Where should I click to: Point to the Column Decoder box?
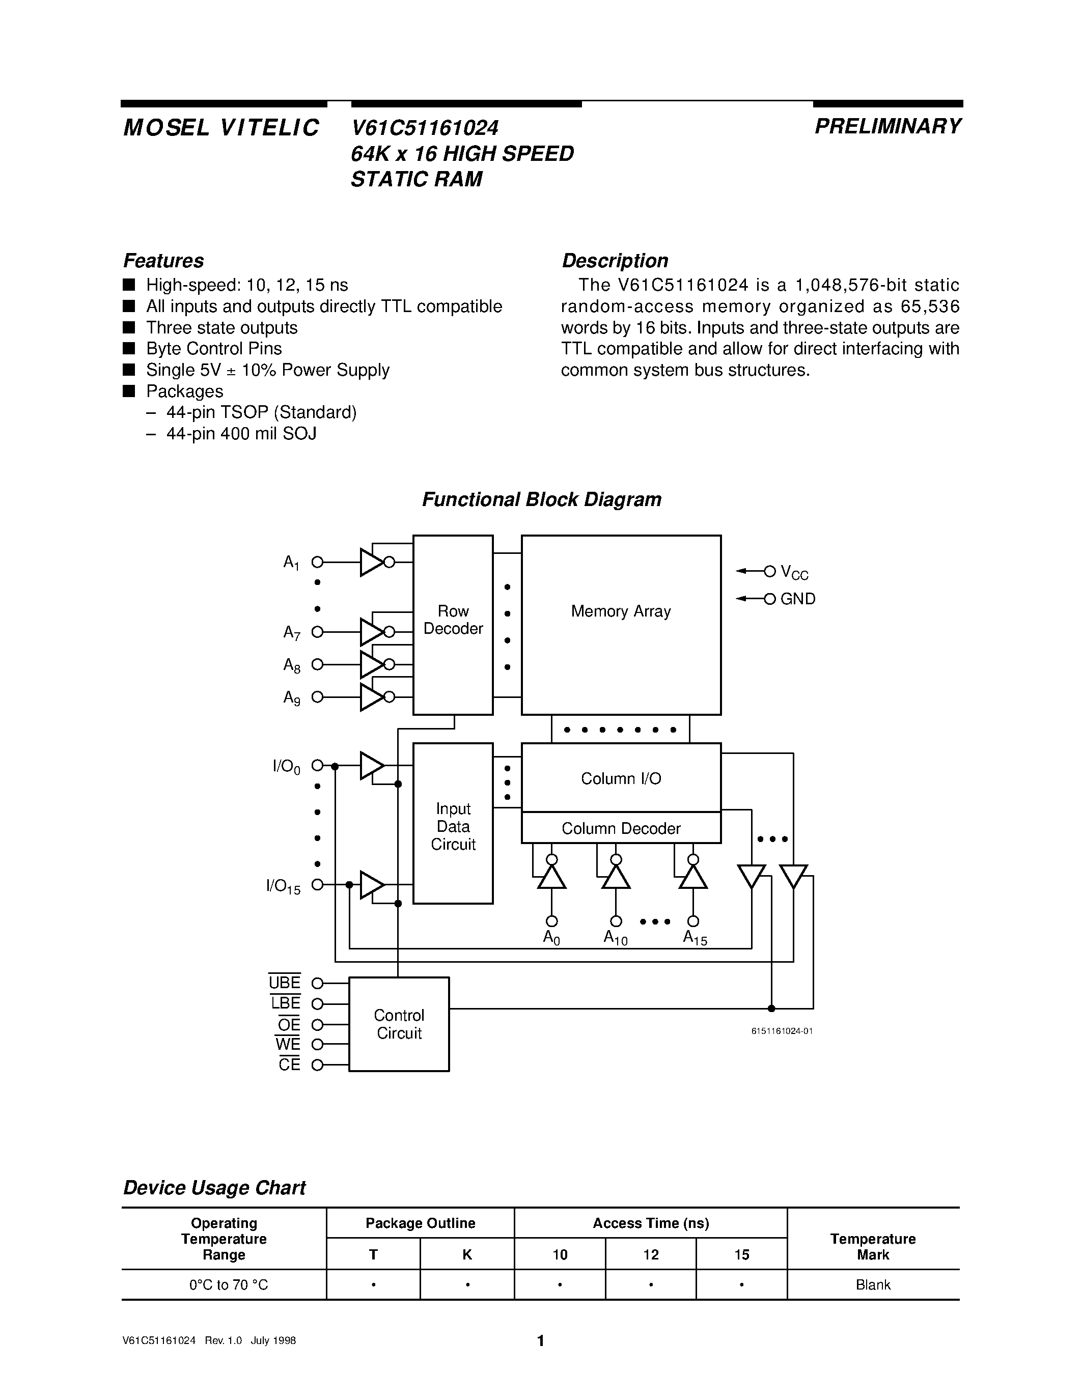click(x=621, y=828)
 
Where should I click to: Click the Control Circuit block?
click(x=399, y=1024)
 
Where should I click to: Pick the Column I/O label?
click(x=621, y=778)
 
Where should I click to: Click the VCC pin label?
click(x=794, y=572)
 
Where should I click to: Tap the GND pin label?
click(x=797, y=599)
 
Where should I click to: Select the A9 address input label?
click(x=292, y=697)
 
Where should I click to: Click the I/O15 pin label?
click(x=283, y=886)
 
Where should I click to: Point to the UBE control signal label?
click(x=285, y=983)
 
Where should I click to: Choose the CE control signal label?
click(x=289, y=1065)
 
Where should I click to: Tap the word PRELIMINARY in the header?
click(x=888, y=126)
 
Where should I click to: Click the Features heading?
click(x=163, y=261)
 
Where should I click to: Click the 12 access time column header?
click(x=651, y=1254)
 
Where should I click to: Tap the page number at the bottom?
click(x=540, y=1340)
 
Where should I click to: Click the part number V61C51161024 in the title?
click(x=424, y=128)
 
